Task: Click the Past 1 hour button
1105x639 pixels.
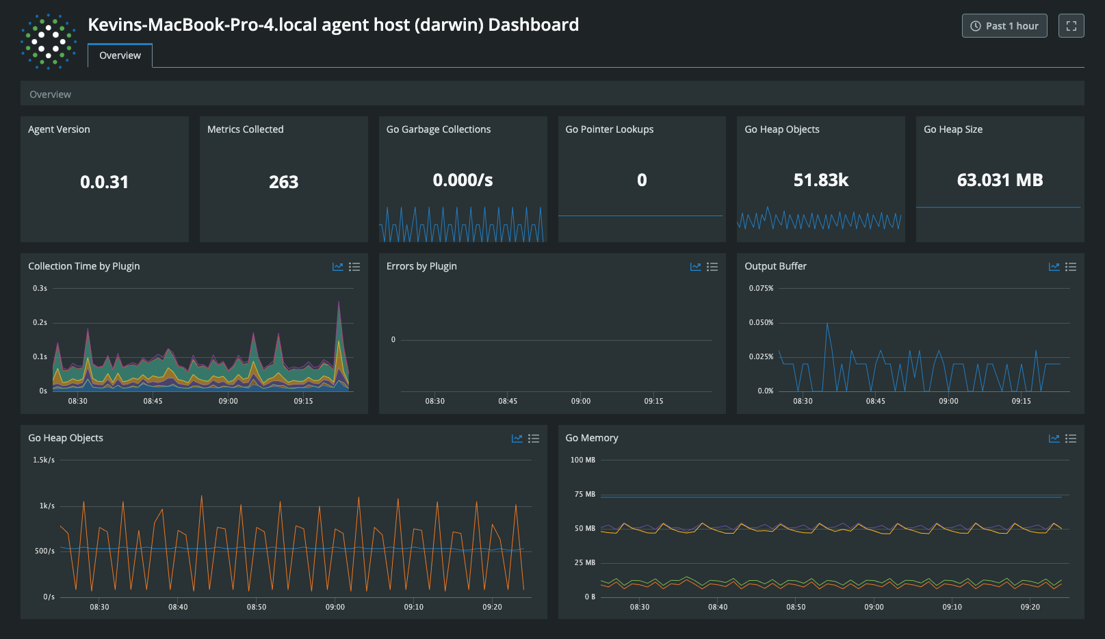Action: coord(1004,26)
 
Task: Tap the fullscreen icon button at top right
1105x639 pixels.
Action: coord(1071,26)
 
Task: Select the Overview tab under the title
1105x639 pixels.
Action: coord(120,55)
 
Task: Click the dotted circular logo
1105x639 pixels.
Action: coord(48,42)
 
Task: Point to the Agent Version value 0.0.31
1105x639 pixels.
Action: coord(104,182)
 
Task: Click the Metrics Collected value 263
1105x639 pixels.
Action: coord(283,182)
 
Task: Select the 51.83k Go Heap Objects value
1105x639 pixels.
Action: coord(820,180)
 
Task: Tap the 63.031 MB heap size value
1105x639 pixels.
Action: coord(1000,180)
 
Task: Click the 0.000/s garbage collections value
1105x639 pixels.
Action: coord(463,180)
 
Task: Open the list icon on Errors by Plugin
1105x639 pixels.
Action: coord(712,267)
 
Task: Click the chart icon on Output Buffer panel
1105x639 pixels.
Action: coord(1054,267)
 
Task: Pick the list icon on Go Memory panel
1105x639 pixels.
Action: coord(1071,439)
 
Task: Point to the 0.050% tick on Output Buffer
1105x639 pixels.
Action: coord(761,322)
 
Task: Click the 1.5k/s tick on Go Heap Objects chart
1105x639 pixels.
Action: coord(43,460)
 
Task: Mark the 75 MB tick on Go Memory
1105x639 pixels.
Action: coord(584,494)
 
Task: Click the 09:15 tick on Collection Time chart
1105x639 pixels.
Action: coord(303,401)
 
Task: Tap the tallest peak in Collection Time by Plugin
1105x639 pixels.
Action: coord(339,302)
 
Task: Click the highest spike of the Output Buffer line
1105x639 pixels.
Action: coord(827,324)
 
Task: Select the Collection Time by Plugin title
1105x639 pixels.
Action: coord(83,266)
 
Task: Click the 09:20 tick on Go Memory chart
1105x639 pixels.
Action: coord(1030,607)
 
